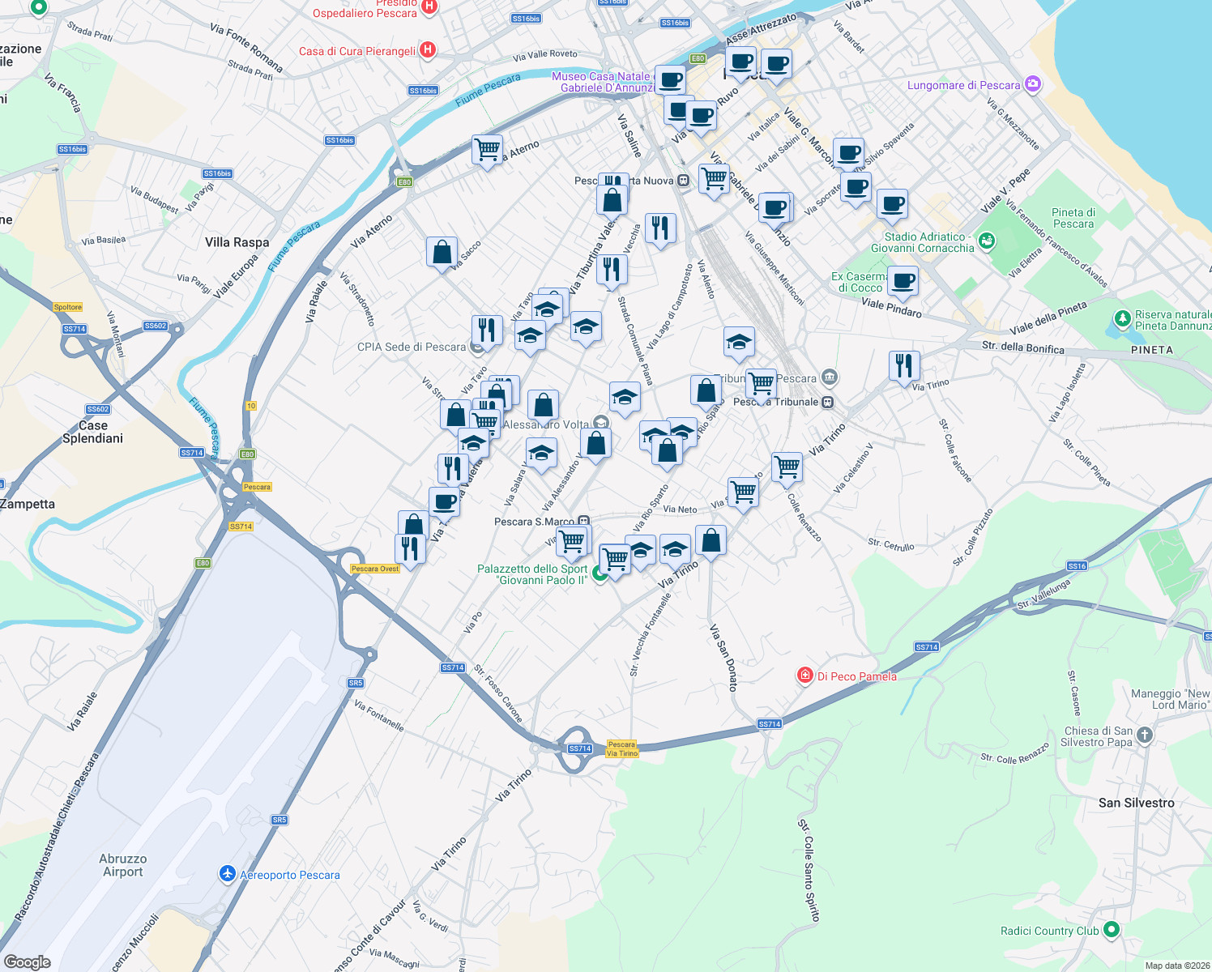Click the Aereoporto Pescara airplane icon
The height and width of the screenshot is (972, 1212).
pyautogui.click(x=228, y=874)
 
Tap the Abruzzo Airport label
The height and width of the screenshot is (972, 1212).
pyautogui.click(x=122, y=865)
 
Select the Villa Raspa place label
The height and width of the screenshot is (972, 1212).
pyautogui.click(x=237, y=242)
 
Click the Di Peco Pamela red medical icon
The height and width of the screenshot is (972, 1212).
pyautogui.click(x=804, y=676)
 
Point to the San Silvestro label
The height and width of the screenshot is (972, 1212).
pyautogui.click(x=1136, y=803)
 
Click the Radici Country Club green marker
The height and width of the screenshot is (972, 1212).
pyautogui.click(x=1112, y=930)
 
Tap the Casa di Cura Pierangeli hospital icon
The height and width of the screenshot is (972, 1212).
pyautogui.click(x=428, y=50)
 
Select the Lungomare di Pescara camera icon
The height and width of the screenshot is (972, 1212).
pyautogui.click(x=1032, y=84)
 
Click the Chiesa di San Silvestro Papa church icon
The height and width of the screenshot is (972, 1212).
pyautogui.click(x=1144, y=735)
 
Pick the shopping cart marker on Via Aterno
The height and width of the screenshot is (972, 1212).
pyautogui.click(x=487, y=150)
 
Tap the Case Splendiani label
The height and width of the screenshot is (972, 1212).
pyautogui.click(x=92, y=432)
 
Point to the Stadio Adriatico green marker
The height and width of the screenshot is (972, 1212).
pyautogui.click(x=986, y=241)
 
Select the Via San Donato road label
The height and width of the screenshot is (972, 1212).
pyautogui.click(x=723, y=657)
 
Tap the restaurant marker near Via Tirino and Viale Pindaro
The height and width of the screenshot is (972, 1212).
pyautogui.click(x=904, y=365)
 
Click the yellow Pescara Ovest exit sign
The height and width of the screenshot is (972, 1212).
pyautogui.click(x=375, y=569)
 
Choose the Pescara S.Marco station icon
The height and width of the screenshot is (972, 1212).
pyautogui.click(x=584, y=522)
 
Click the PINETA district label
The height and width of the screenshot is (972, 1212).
pyautogui.click(x=1151, y=350)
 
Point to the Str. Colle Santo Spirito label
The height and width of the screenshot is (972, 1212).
pyautogui.click(x=809, y=870)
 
